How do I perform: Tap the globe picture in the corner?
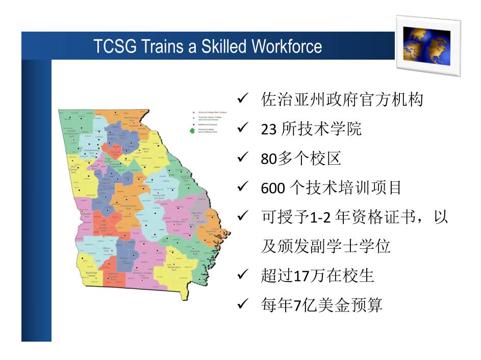427,45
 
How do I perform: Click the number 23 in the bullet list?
268,130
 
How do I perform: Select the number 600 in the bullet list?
271,188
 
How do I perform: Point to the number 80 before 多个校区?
268,159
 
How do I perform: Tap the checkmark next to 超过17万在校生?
243,275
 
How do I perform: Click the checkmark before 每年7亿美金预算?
243,305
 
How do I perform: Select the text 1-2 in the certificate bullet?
322,218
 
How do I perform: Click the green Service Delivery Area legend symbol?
191,131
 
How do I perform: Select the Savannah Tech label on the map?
211,232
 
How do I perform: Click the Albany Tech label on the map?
106,249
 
